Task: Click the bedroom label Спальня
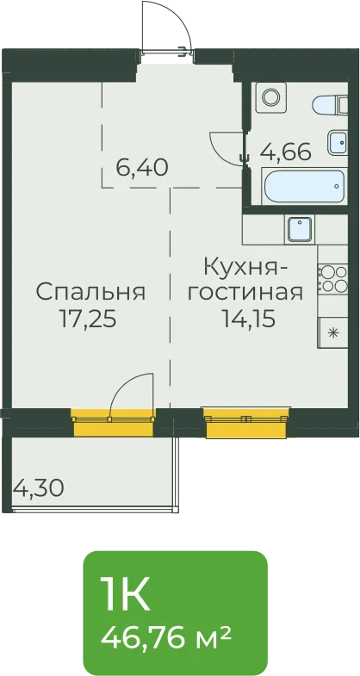point(90,292)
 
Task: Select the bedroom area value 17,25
point(88,320)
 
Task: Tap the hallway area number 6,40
point(142,167)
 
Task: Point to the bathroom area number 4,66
point(286,152)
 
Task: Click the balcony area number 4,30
point(39,488)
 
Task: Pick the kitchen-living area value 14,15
point(249,319)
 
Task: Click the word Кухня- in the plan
point(245,267)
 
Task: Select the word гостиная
point(247,293)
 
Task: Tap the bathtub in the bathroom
point(304,186)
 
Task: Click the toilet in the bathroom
point(330,105)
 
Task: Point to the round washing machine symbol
point(271,97)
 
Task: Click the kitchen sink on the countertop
point(300,229)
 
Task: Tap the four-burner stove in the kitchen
point(332,279)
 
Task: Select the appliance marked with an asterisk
point(332,332)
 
